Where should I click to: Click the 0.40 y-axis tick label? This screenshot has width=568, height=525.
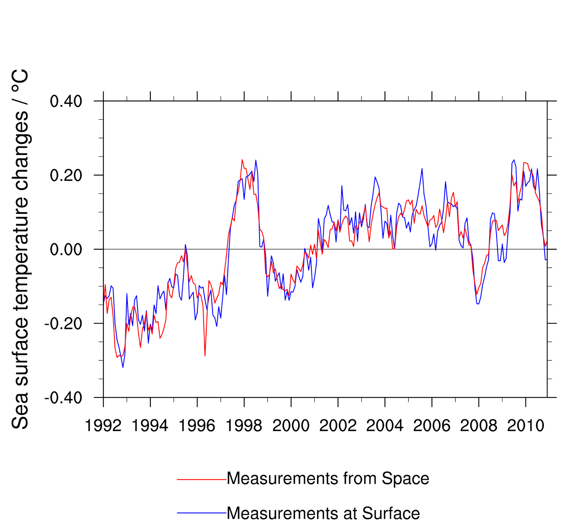click(66, 102)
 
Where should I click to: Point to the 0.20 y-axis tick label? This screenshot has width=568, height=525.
click(66, 175)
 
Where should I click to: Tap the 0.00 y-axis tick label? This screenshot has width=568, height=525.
click(66, 249)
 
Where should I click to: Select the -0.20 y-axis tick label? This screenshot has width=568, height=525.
click(63, 324)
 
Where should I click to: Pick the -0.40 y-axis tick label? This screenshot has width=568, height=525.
click(63, 398)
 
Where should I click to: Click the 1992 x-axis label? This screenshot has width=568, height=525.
click(103, 426)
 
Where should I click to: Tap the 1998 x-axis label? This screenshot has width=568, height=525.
click(244, 426)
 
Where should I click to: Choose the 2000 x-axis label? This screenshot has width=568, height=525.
click(291, 426)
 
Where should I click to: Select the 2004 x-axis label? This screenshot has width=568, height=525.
click(385, 426)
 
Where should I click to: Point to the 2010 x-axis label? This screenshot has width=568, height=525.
click(525, 426)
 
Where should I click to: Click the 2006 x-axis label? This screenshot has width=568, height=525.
click(432, 426)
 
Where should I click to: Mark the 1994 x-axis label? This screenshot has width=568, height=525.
click(150, 426)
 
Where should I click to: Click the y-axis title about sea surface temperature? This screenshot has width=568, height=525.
click(20, 249)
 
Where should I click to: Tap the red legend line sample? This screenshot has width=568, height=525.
click(202, 480)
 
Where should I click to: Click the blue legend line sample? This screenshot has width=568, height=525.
click(202, 513)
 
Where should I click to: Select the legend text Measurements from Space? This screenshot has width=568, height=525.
click(328, 478)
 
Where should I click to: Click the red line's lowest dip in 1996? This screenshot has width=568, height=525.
click(205, 356)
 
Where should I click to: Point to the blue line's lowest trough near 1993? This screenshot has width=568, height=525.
click(123, 367)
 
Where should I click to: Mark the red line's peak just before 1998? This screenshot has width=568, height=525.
click(242, 160)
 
